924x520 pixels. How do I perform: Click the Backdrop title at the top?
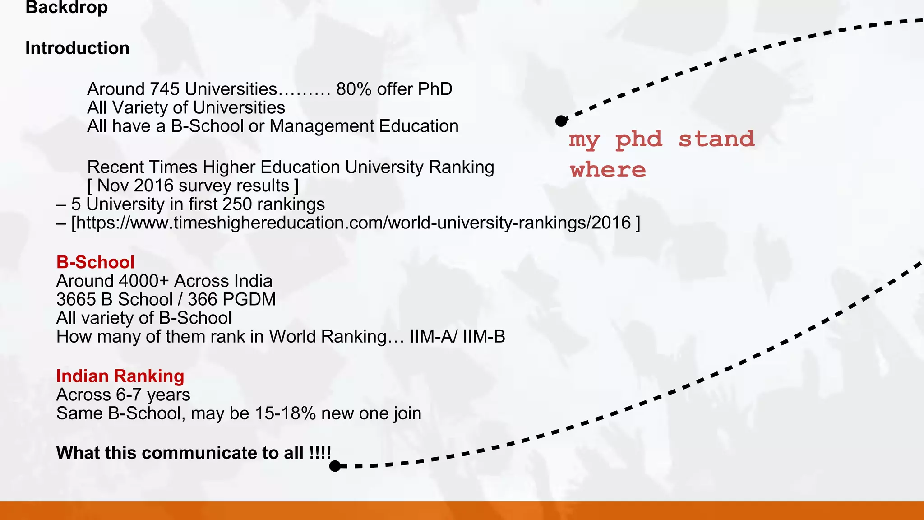66,8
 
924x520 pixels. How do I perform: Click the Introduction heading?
77,48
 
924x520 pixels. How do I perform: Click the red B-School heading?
95,262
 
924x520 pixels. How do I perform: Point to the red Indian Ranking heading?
120,376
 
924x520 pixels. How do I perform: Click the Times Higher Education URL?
351,223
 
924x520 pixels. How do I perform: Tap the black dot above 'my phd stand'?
561,121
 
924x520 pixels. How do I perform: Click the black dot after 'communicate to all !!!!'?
335,466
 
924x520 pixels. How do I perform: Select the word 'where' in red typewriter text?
608,170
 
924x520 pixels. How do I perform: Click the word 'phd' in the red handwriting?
639,139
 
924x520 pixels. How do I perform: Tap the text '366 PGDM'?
231,300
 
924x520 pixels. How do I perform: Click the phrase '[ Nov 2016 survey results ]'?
193,186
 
